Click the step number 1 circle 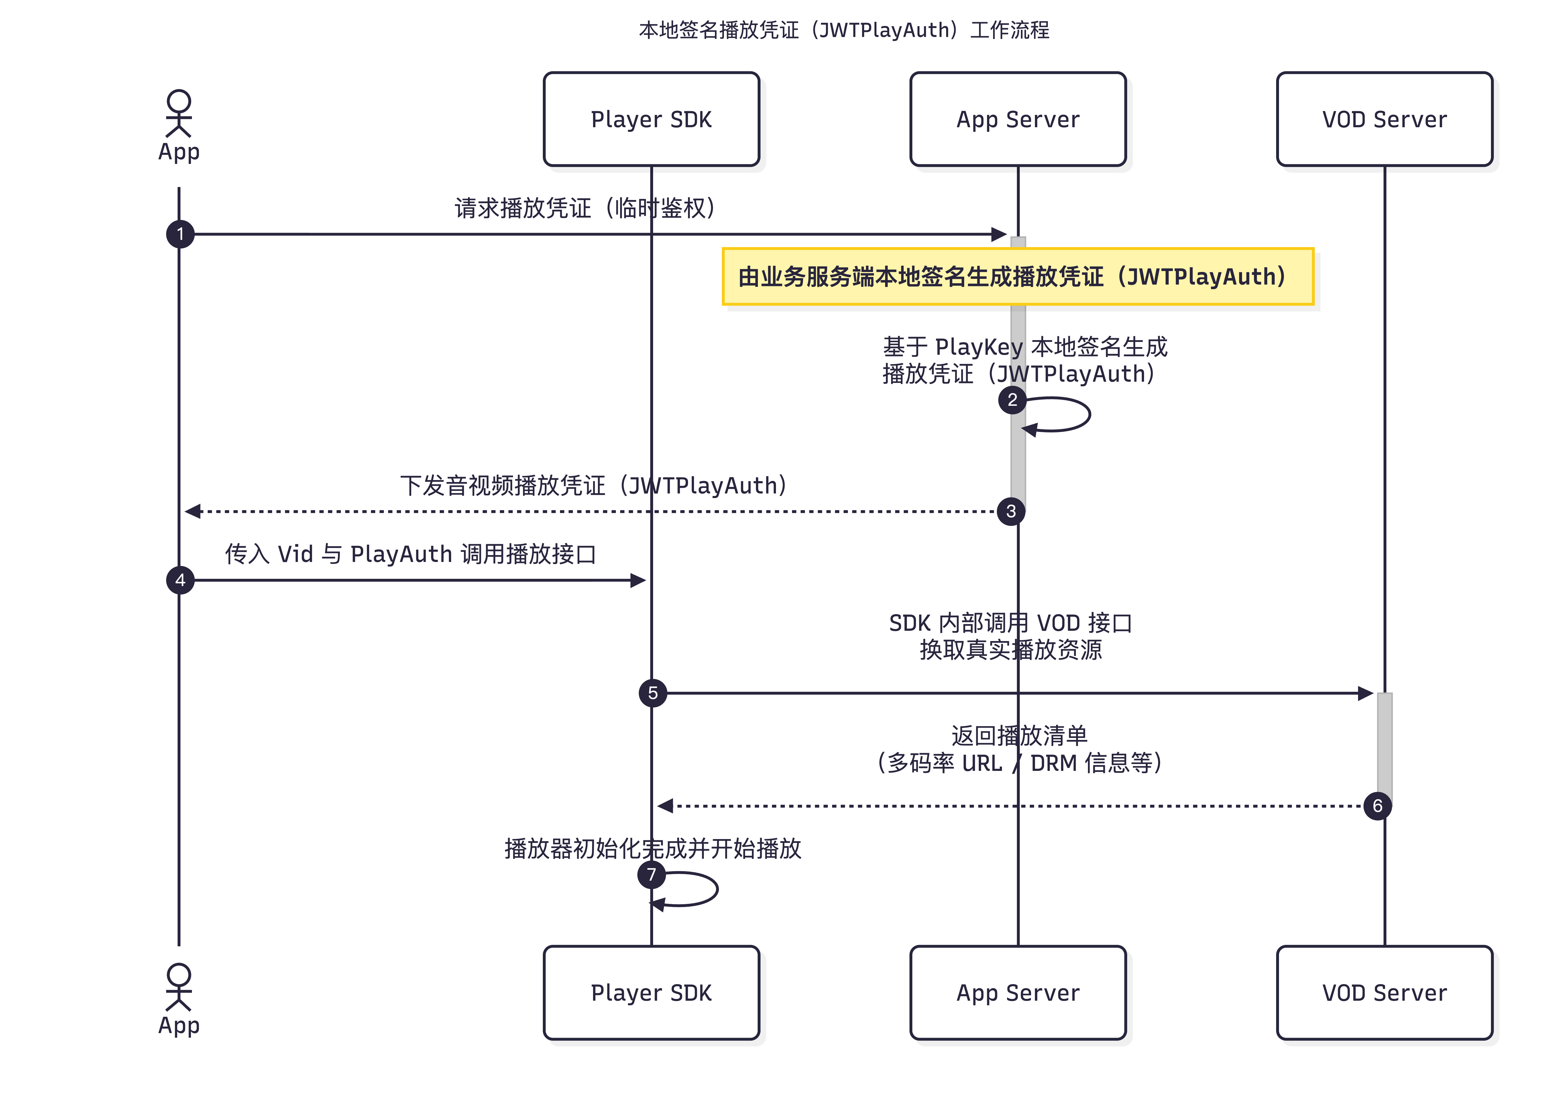[180, 234]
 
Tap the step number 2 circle [1012, 400]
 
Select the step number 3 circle [1011, 511]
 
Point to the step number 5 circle [653, 693]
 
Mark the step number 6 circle [1377, 806]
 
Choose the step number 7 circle [651, 874]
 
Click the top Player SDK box [651, 119]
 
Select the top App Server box [1018, 119]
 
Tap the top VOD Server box [1384, 119]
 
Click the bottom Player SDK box [651, 993]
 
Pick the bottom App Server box [1018, 993]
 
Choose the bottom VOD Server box [1384, 993]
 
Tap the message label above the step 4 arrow [411, 554]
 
